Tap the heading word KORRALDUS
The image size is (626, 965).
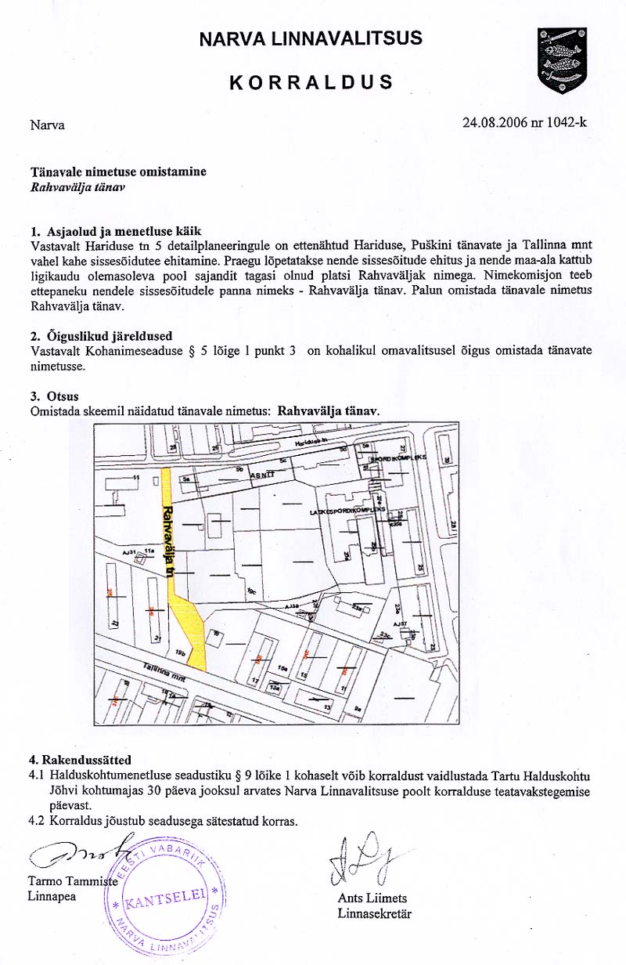(311, 82)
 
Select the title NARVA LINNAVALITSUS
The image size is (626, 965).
(311, 38)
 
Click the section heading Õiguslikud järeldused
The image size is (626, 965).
(107, 336)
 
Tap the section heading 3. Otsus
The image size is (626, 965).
(54, 397)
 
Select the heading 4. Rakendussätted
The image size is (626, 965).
(80, 760)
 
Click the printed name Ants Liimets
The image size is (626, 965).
(372, 898)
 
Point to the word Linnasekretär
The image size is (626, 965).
(374, 913)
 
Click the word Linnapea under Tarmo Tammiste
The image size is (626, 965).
(52, 896)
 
